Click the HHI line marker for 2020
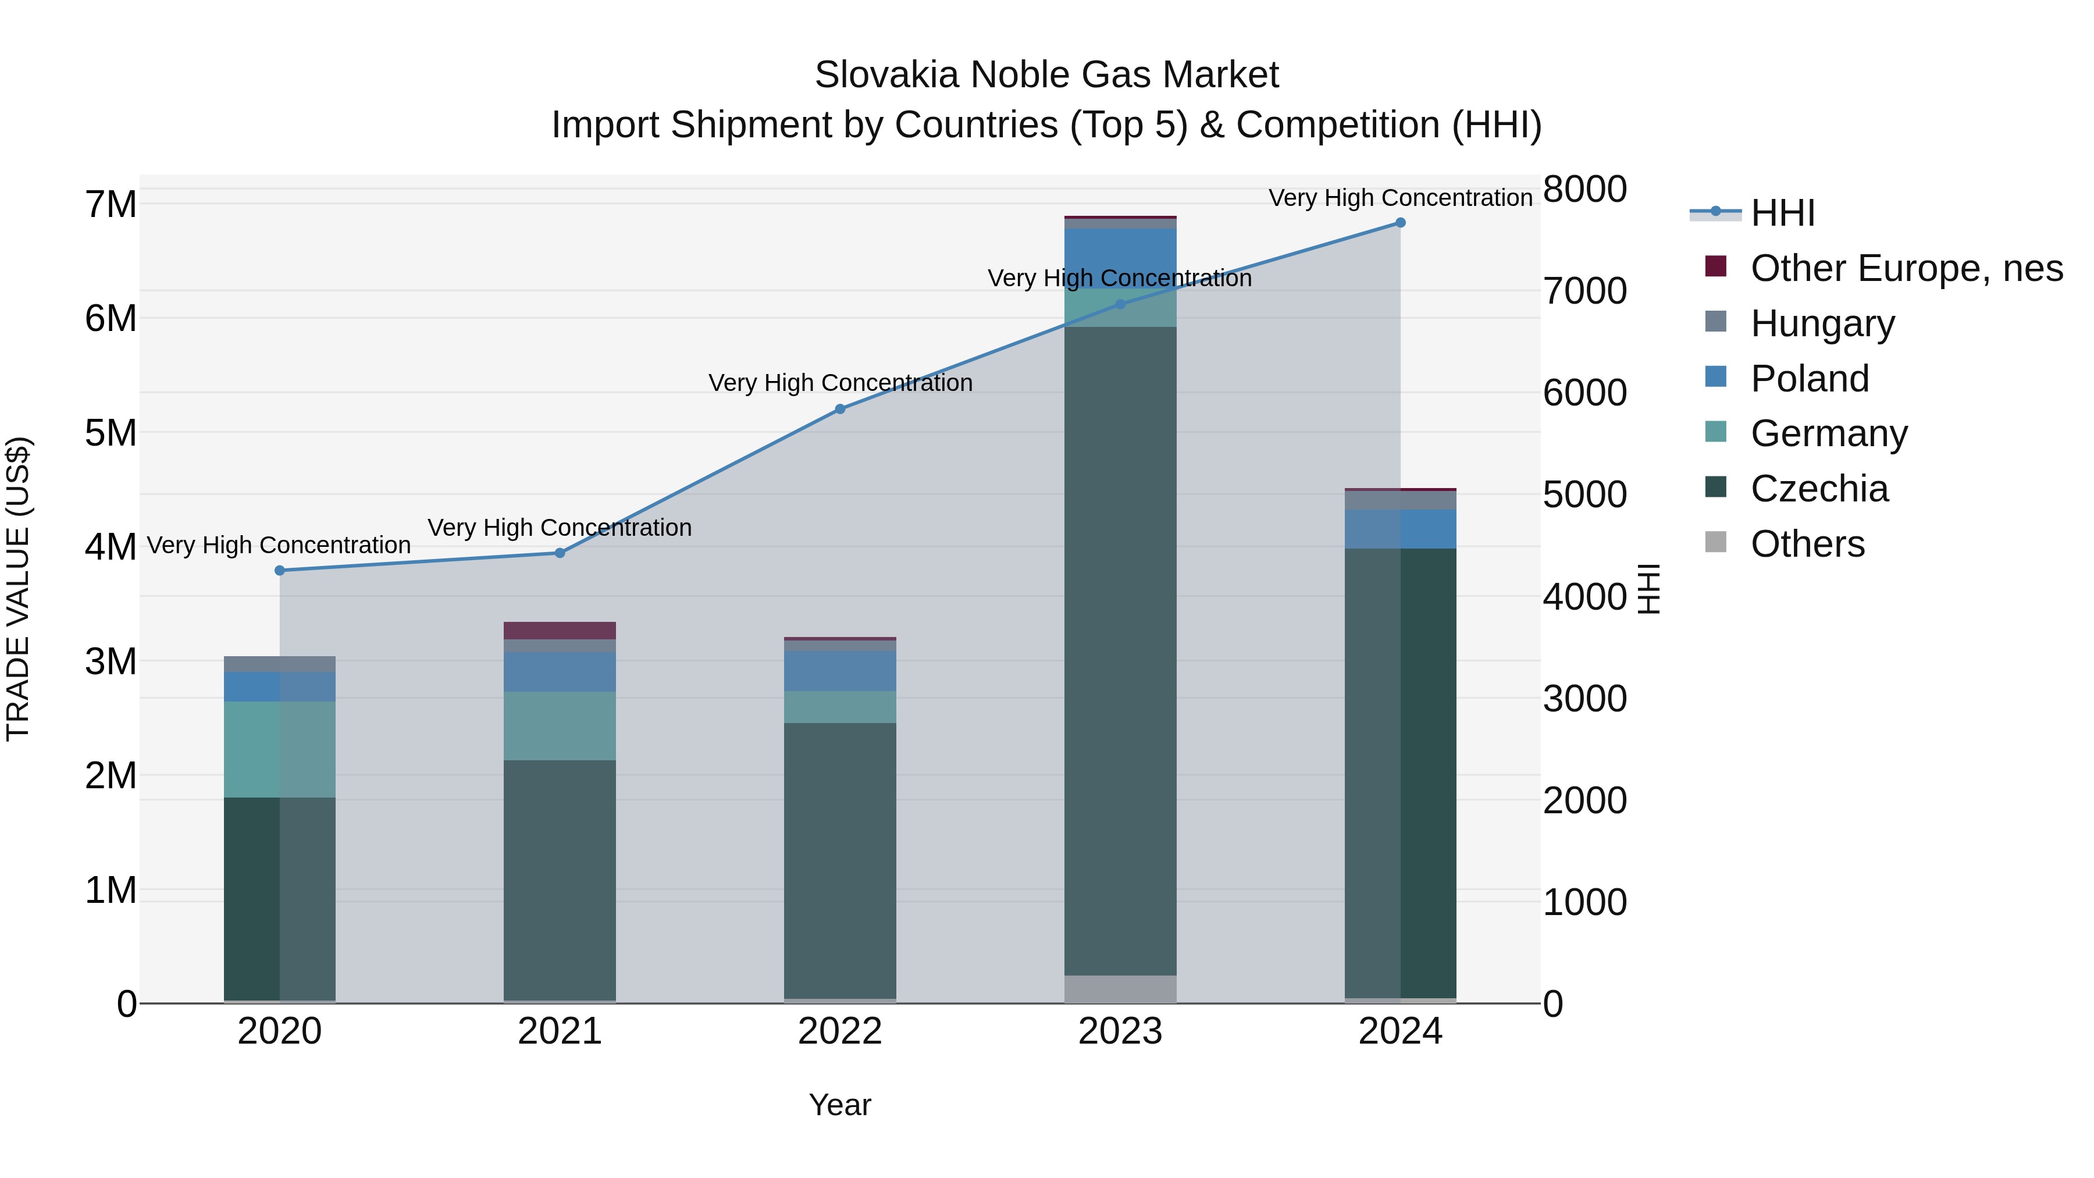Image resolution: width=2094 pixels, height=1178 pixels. pyautogui.click(x=280, y=571)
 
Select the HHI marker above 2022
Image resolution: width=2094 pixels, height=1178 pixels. pyautogui.click(x=840, y=409)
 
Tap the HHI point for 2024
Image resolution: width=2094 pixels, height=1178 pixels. pyautogui.click(x=1400, y=223)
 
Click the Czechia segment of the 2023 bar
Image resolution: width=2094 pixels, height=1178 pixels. pyautogui.click(x=1120, y=650)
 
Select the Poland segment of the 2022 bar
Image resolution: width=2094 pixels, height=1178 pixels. pyautogui.click(x=840, y=671)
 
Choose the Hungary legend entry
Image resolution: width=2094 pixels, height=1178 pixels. pyautogui.click(x=1822, y=323)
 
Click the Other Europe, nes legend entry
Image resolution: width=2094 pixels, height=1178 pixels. pyautogui.click(x=1906, y=268)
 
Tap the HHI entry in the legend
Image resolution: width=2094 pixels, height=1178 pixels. pyautogui.click(x=1782, y=213)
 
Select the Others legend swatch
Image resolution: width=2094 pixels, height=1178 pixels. pyautogui.click(x=1715, y=542)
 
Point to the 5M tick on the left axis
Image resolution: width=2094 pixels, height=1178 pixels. pyautogui.click(x=111, y=432)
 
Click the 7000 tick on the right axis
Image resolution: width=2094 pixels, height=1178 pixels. pyautogui.click(x=1584, y=291)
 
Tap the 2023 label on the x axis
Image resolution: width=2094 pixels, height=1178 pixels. pyautogui.click(x=1120, y=1031)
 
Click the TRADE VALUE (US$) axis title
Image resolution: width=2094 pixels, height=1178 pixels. pyautogui.click(x=18, y=589)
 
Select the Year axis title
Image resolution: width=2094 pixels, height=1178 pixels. pyautogui.click(x=840, y=1105)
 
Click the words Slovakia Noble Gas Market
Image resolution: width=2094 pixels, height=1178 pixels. pyautogui.click(x=1046, y=75)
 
